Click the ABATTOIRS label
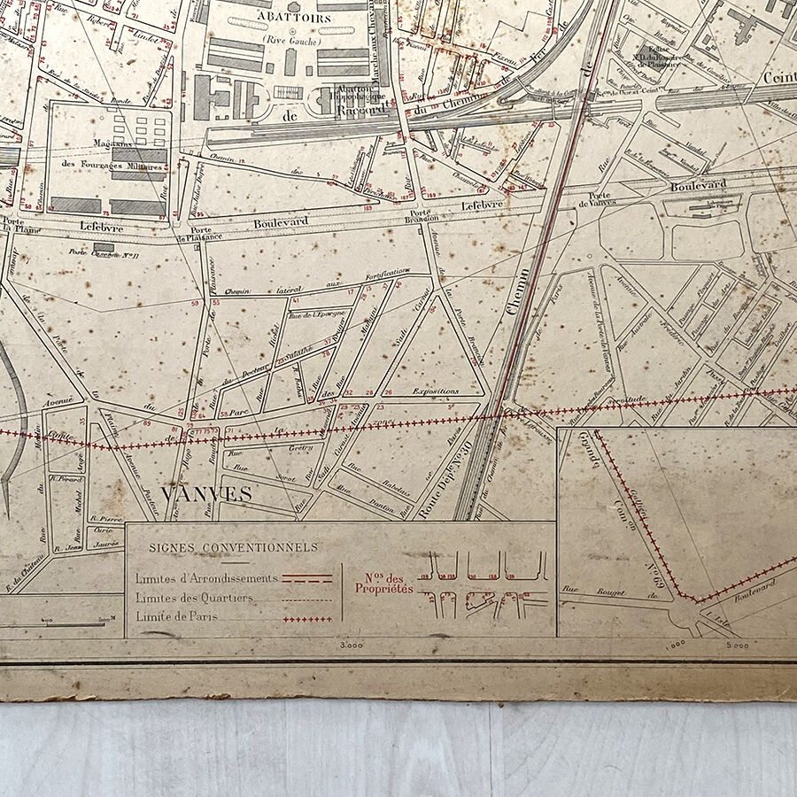coord(265,16)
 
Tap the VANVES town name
coord(208,494)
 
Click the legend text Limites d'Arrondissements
coord(206,578)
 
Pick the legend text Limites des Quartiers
coord(194,598)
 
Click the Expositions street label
coord(435,391)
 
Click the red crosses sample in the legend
coord(307,618)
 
